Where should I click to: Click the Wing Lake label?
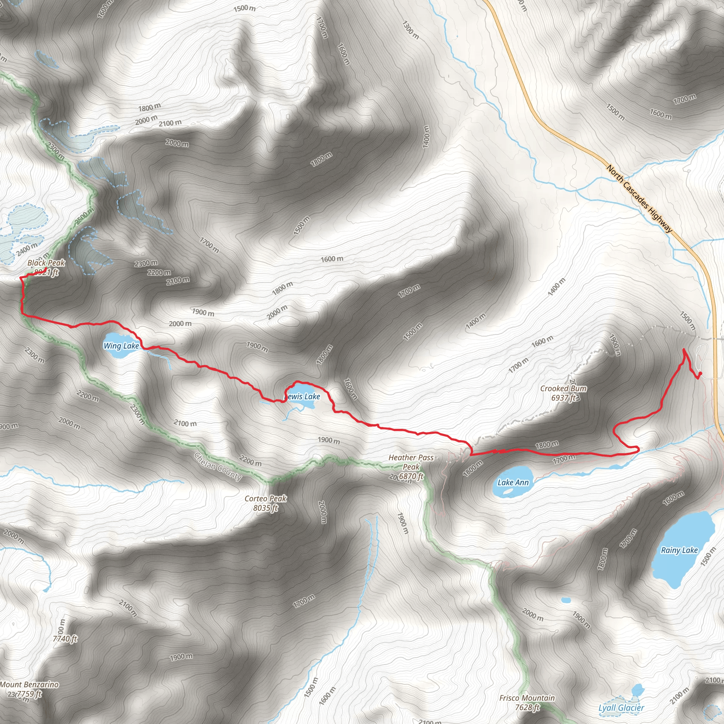[x=121, y=345]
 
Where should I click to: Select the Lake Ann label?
[x=513, y=482]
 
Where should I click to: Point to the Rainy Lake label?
[x=679, y=550]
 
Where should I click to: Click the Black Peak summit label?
[x=46, y=263]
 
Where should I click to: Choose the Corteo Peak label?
[x=265, y=498]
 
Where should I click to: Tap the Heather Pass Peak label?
[x=411, y=462]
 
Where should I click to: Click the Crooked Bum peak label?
[x=563, y=389]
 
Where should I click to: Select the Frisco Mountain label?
[x=527, y=698]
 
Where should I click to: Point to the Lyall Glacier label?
[x=621, y=708]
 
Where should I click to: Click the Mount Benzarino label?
[x=29, y=685]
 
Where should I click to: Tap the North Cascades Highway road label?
[x=639, y=199]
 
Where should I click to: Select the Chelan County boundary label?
[x=218, y=467]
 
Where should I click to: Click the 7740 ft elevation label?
[x=65, y=638]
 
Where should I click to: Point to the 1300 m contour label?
[x=411, y=30]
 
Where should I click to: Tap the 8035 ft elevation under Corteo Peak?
[x=265, y=508]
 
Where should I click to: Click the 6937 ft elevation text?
[x=563, y=398]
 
